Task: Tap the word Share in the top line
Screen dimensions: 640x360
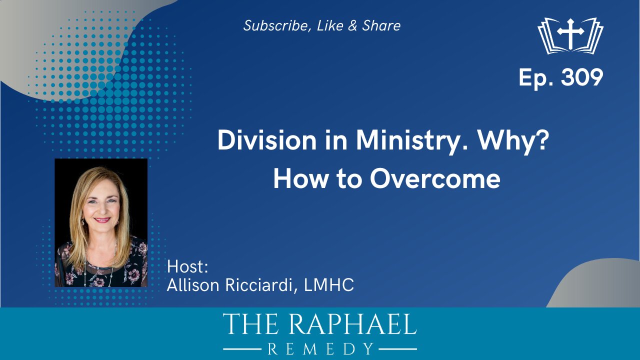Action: tap(381, 25)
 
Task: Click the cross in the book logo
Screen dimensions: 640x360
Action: tap(570, 33)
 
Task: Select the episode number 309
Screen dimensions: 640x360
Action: tap(582, 77)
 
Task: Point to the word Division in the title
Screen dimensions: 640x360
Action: tap(267, 140)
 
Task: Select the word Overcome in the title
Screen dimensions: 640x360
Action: tap(435, 179)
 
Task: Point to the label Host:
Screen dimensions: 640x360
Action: tap(187, 266)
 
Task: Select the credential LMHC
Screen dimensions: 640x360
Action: tap(329, 285)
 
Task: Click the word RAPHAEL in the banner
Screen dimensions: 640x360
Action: tap(351, 324)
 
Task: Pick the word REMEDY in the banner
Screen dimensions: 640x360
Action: tap(320, 349)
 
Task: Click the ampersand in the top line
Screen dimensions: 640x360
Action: tap(352, 25)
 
